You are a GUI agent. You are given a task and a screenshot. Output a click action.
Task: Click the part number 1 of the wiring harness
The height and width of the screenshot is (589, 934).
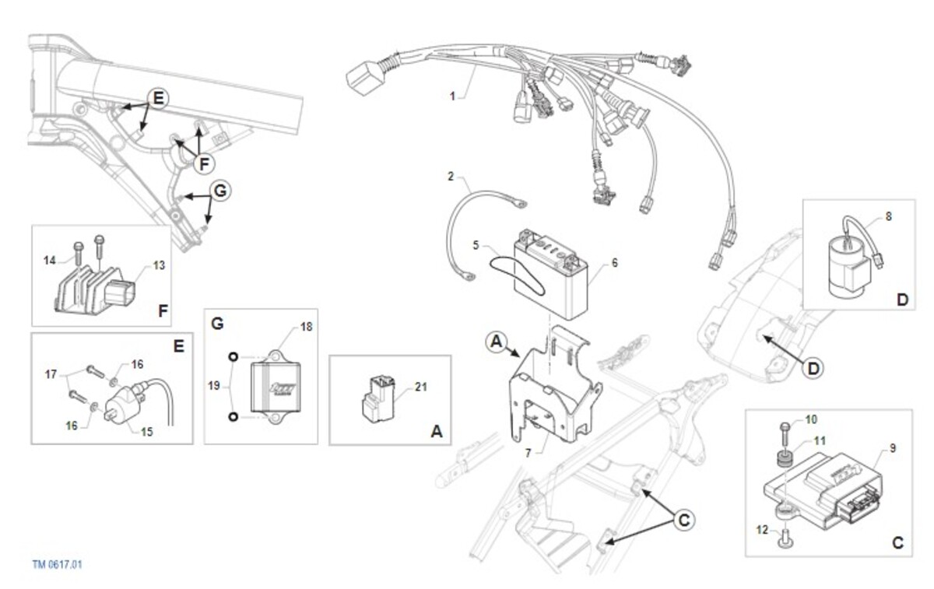tap(452, 96)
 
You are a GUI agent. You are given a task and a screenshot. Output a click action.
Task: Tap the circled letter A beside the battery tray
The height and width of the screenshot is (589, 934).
tap(497, 342)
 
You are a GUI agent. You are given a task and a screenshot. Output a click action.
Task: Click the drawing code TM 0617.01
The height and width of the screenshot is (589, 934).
tap(58, 564)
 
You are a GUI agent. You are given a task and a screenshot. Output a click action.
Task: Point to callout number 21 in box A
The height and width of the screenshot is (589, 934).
tap(421, 387)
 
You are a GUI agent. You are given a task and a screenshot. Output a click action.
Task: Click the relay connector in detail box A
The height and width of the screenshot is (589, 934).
tap(378, 398)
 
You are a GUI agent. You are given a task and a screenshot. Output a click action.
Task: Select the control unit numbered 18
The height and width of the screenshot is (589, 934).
tap(276, 387)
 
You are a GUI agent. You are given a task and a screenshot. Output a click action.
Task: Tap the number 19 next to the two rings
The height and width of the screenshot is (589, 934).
tap(214, 386)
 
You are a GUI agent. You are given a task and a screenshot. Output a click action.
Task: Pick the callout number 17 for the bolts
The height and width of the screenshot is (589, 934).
tap(51, 374)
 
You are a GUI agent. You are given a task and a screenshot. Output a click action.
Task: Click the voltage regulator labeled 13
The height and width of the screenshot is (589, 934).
tap(95, 289)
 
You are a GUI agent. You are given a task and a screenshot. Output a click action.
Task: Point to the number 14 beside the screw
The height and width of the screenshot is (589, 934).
tap(50, 261)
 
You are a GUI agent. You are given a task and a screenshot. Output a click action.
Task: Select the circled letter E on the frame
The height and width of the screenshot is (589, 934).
tap(159, 99)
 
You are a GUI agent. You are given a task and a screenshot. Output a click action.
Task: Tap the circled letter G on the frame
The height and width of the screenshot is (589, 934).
tap(220, 191)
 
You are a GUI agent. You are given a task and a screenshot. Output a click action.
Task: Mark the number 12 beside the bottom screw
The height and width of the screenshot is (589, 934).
tap(762, 529)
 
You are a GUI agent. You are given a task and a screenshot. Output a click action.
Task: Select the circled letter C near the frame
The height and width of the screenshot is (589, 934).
tap(684, 520)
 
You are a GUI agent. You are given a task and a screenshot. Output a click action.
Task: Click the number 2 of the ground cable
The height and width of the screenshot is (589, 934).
tap(451, 177)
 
